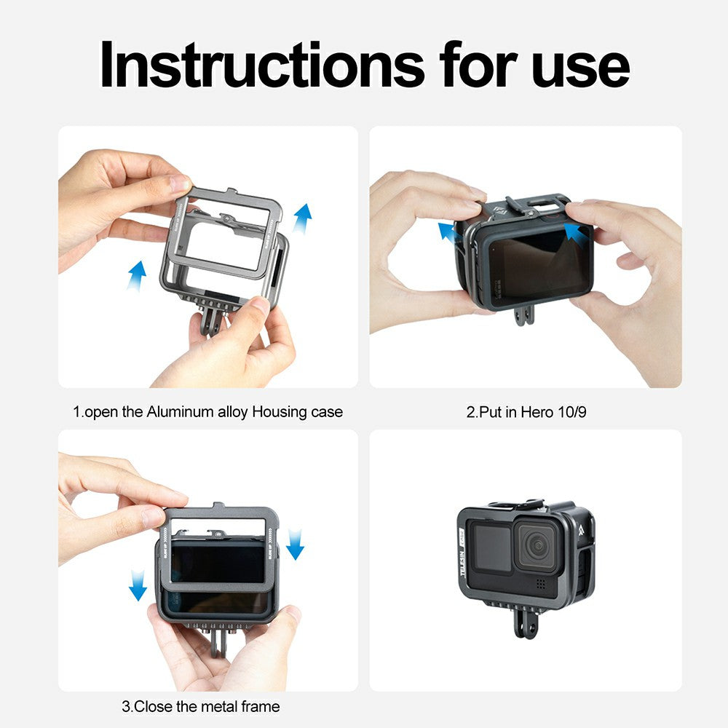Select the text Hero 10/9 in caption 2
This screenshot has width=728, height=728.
pos(553,412)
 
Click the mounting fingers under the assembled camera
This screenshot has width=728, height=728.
pos(524,622)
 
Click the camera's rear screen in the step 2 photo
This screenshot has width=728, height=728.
pos(532,266)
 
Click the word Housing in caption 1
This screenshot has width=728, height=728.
pos(280,412)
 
